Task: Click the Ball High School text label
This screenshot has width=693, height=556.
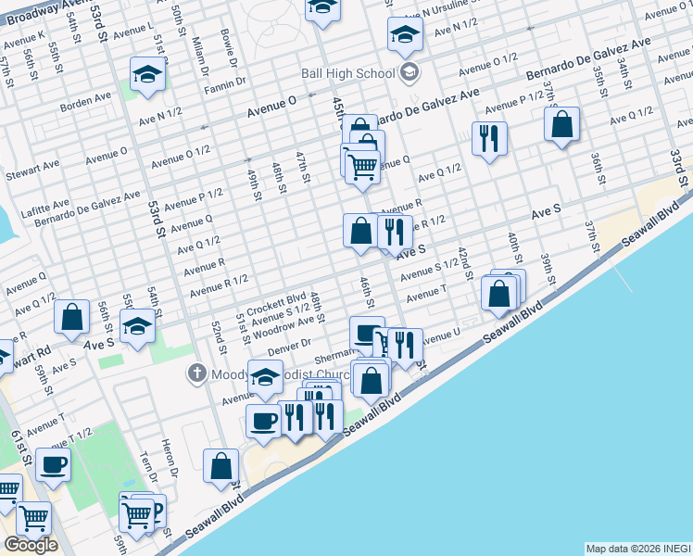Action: point(347,73)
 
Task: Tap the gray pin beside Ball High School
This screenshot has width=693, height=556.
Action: point(409,73)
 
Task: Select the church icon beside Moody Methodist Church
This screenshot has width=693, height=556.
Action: point(196,374)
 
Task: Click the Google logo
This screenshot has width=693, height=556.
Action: point(31,545)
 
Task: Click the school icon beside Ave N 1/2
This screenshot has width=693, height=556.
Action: point(405,33)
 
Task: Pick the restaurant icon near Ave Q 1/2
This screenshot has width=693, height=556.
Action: point(488,138)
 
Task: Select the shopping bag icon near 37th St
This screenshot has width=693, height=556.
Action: point(562,123)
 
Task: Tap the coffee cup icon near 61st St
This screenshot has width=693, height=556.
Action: point(53,463)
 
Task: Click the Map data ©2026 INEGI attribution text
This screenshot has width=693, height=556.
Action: point(638,549)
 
